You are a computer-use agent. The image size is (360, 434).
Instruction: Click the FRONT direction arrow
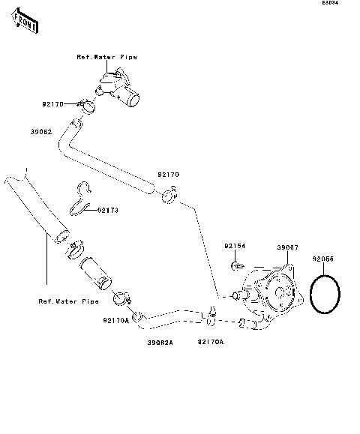tap(25, 23)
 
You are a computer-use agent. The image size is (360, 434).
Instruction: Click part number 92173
tap(108, 211)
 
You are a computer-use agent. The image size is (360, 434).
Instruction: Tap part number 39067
tap(287, 247)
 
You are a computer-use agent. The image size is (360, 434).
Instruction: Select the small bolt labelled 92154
tap(237, 265)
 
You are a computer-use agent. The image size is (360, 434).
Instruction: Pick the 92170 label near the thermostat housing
tap(52, 104)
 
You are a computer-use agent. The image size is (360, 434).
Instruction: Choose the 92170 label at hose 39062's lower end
tap(168, 175)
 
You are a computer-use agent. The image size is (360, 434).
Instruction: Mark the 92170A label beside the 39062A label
tap(210, 342)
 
